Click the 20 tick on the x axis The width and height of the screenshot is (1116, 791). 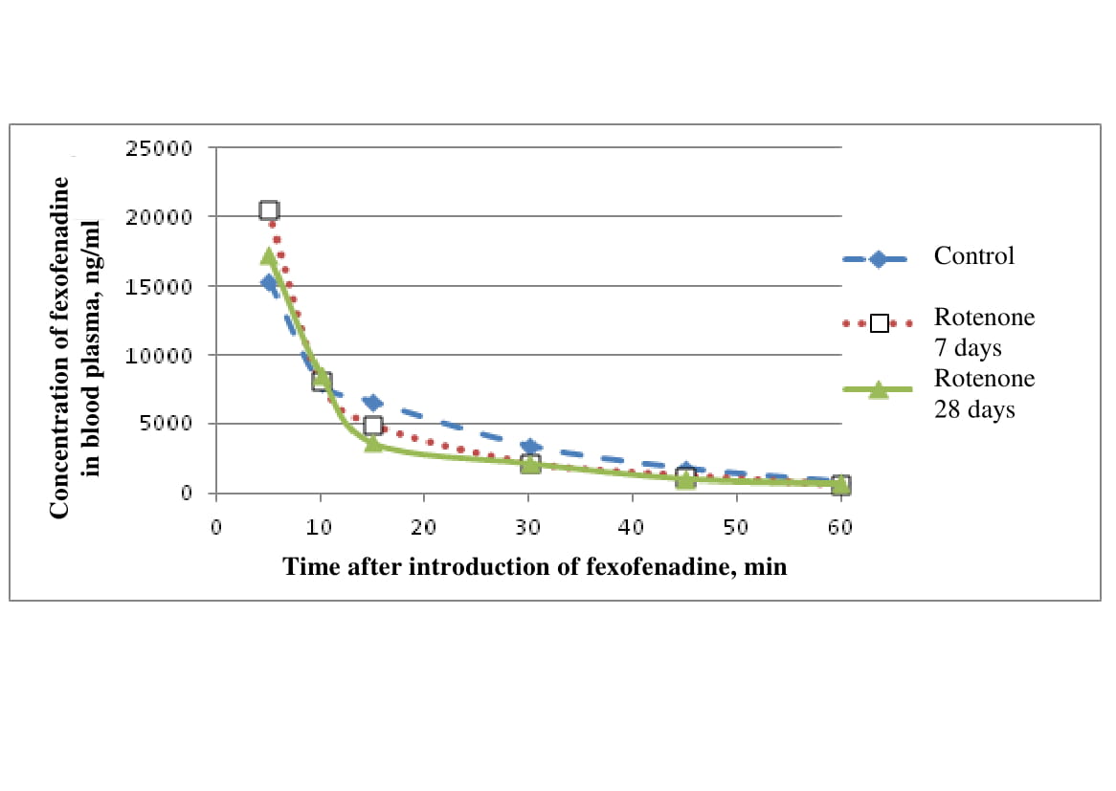click(x=424, y=527)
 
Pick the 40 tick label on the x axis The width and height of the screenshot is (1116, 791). click(x=632, y=527)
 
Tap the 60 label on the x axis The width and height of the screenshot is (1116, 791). click(x=839, y=527)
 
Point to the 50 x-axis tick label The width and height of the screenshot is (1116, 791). click(x=736, y=527)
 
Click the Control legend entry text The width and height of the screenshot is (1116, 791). click(x=974, y=256)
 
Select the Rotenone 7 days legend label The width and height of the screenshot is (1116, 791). click(x=984, y=331)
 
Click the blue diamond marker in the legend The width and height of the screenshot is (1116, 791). click(x=877, y=258)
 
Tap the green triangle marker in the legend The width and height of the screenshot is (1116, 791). click(x=877, y=388)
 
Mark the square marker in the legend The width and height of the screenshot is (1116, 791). click(x=879, y=323)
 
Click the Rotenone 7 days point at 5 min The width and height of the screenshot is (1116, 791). click(x=269, y=210)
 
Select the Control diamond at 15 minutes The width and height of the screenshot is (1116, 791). click(x=372, y=403)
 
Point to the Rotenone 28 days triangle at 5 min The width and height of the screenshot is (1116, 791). click(x=269, y=255)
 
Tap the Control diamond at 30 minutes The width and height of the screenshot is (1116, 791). click(x=528, y=447)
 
